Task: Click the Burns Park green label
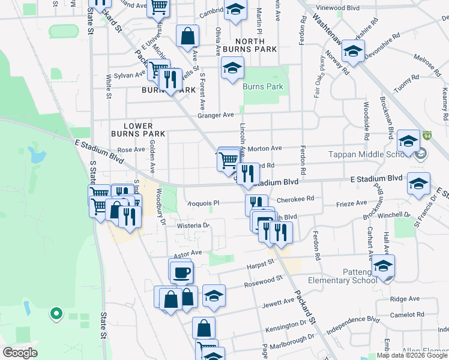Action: tap(262, 87)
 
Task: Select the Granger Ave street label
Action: tap(215, 115)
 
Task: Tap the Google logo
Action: tap(20, 353)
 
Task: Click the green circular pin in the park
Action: tap(56, 313)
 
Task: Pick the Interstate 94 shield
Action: tap(427, 136)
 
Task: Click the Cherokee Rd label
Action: tap(295, 199)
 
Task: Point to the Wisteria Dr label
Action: tap(193, 226)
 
